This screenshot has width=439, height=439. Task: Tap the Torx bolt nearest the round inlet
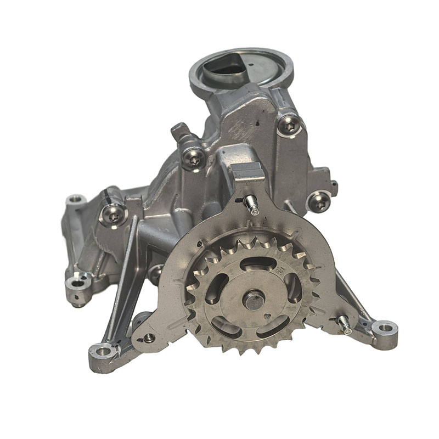289,126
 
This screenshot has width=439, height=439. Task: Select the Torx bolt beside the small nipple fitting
193,158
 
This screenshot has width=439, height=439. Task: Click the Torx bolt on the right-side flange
319,201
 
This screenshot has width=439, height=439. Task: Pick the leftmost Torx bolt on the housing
114,216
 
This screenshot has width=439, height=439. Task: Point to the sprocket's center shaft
254,300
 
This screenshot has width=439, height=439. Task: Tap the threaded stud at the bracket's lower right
344,324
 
